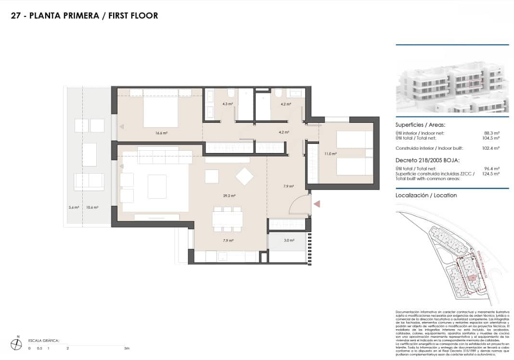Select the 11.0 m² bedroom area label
click(x=330, y=154)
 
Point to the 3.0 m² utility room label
click(x=289, y=240)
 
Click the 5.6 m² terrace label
click(x=74, y=207)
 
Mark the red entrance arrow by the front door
click(x=317, y=205)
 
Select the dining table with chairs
click(x=227, y=219)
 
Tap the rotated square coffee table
click(x=244, y=176)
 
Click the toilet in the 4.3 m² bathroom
click(x=231, y=93)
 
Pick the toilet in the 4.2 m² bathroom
click(x=278, y=93)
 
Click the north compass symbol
click(x=17, y=344)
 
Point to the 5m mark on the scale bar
click(x=126, y=348)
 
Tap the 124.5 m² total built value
click(x=491, y=174)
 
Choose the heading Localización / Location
click(x=426, y=195)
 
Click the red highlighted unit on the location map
click(x=472, y=278)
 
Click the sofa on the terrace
click(x=89, y=181)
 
